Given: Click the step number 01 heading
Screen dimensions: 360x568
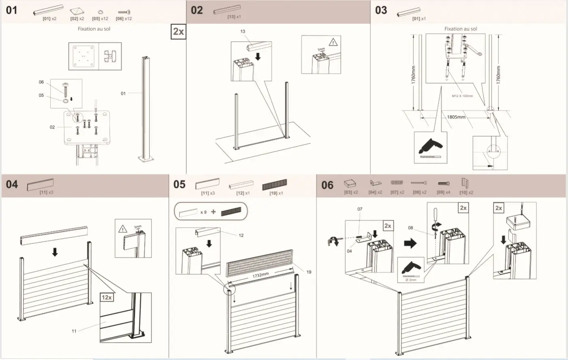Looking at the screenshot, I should (12, 10).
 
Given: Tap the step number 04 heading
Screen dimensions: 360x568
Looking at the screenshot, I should (12, 185).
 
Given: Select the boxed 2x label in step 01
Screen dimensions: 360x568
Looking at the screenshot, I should (178, 32).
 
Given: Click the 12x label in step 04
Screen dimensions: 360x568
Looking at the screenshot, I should (107, 298).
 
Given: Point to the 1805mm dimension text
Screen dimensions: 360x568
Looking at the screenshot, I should (456, 117).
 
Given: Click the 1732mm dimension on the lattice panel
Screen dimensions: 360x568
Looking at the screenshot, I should (261, 275).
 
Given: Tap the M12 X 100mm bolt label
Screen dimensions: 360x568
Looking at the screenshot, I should (462, 96).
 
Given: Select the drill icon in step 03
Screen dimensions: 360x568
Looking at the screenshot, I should (430, 148).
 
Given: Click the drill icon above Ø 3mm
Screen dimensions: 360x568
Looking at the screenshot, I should (411, 268).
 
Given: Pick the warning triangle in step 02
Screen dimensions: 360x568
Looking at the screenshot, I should (333, 42).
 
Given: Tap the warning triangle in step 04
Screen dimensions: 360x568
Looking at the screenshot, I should (123, 229).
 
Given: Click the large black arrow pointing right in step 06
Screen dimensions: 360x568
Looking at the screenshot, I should (410, 243).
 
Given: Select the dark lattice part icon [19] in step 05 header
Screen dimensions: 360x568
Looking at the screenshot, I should (274, 185).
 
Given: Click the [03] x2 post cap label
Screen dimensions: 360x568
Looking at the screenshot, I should (351, 192).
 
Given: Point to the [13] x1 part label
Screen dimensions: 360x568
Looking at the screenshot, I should (234, 17).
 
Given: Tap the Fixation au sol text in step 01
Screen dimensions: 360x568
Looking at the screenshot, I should (94, 29).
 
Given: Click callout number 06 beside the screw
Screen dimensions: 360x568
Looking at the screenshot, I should (41, 82).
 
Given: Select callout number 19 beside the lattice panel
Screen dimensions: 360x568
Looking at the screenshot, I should (309, 272).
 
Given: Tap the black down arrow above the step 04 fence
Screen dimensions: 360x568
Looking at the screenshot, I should (55, 252).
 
